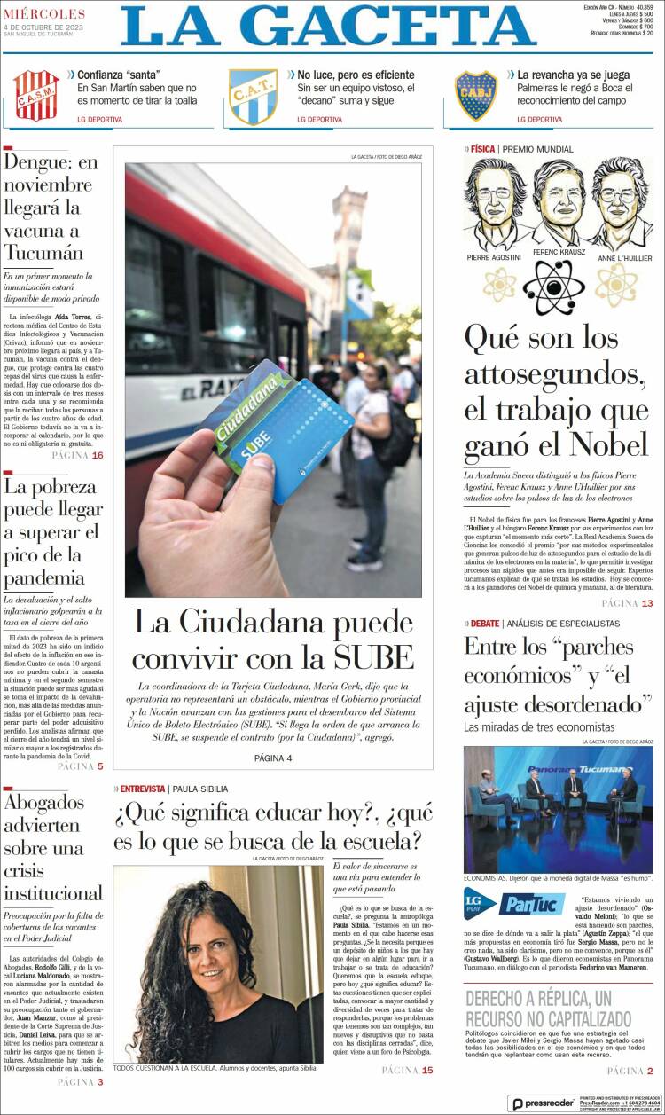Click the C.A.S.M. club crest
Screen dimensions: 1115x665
[x=36, y=95]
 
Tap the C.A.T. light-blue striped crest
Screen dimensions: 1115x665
[x=254, y=96]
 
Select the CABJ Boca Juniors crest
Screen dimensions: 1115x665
[x=476, y=95]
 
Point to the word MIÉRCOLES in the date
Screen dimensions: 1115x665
[x=44, y=14]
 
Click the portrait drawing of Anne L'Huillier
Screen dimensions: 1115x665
[x=617, y=205]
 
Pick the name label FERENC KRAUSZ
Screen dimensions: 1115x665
[x=559, y=252]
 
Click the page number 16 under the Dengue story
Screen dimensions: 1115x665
[x=97, y=456]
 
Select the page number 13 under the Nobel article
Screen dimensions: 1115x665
[x=646, y=604]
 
